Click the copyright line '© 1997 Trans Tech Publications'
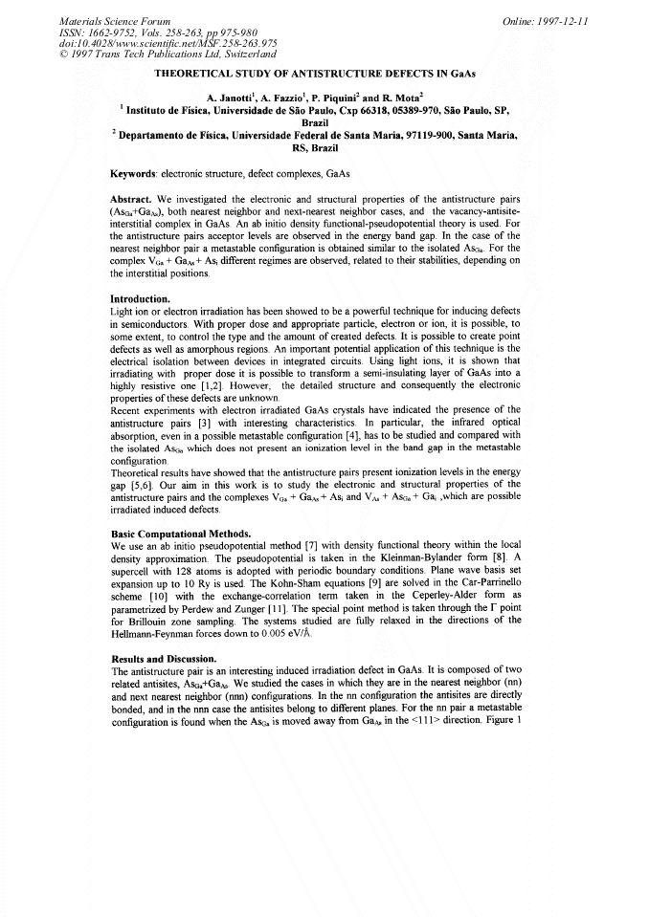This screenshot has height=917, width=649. point(149,55)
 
